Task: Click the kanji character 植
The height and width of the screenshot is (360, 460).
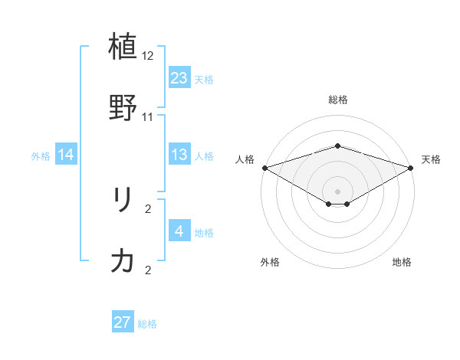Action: coord(123,47)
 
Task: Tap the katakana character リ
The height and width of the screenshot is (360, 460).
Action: coord(123,201)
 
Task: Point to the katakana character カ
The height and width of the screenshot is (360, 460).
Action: coord(123,261)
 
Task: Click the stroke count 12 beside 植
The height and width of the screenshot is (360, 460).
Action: coord(148,57)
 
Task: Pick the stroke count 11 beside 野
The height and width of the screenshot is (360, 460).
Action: coord(148,117)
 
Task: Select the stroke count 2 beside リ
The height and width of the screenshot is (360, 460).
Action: coord(148,208)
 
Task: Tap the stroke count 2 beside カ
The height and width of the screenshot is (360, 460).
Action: coord(148,270)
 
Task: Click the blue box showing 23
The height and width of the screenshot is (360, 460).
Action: coord(179,78)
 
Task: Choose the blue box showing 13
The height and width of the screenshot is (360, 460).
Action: coord(179,155)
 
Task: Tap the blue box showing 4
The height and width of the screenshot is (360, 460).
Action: coord(179,231)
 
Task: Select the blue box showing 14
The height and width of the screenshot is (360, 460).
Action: coord(66,155)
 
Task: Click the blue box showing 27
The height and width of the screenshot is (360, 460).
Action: coord(123,322)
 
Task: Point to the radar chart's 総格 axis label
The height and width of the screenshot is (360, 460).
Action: coord(337,100)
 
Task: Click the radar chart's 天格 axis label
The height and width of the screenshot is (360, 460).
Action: coord(431,159)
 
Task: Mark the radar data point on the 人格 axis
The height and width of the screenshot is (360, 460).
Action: coord(264,168)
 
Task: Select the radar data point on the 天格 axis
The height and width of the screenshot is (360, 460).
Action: coord(411,168)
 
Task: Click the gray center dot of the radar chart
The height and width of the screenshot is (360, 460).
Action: coord(337,191)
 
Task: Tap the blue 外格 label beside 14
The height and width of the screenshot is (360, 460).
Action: coord(41,156)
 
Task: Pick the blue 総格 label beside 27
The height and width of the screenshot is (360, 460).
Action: coord(147,324)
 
